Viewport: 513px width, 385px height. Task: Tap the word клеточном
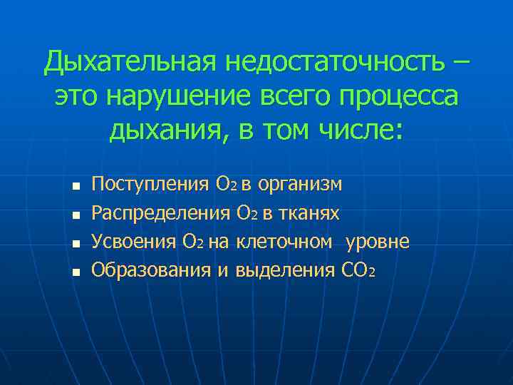point(283,242)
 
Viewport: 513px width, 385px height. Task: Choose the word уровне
point(377,242)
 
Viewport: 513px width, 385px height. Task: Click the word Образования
point(151,270)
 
